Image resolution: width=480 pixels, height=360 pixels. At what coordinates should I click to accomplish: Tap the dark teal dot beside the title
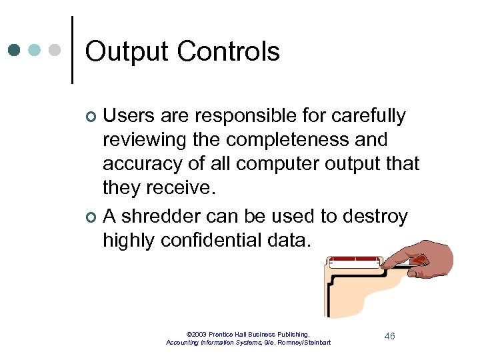point(15,50)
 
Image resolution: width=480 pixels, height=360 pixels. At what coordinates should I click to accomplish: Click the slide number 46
point(389,336)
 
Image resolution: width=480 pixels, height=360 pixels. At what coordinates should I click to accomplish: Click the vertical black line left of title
point(71,50)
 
